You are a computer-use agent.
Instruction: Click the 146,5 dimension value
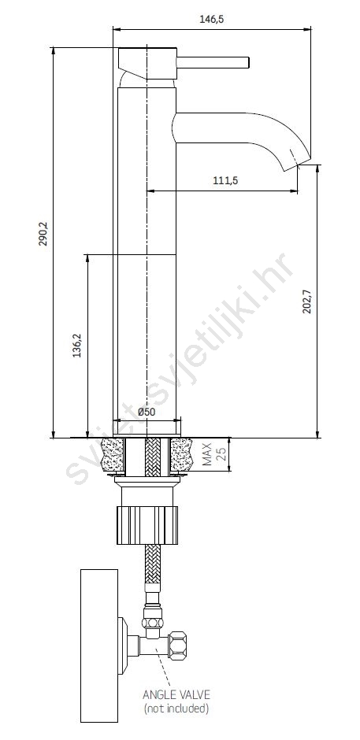[211, 20]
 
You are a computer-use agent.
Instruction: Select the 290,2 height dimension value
[43, 235]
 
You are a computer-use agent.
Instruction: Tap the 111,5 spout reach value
[225, 180]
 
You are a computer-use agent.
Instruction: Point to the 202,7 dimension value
[307, 301]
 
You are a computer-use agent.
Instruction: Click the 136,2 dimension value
[77, 346]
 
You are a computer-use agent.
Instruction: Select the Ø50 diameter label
[147, 412]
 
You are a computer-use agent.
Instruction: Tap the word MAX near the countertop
[207, 454]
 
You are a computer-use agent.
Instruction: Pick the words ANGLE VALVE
[176, 694]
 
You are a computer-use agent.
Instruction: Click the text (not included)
[176, 708]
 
